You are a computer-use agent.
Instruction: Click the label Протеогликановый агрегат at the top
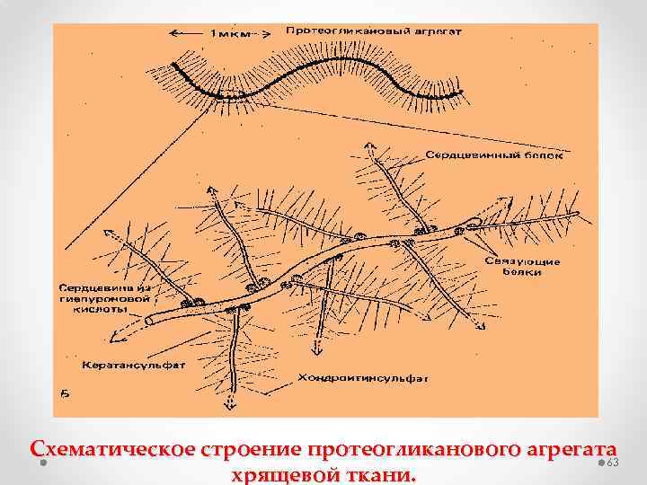pyautogui.click(x=372, y=31)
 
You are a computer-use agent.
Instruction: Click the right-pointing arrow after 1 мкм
pyautogui.click(x=265, y=33)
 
